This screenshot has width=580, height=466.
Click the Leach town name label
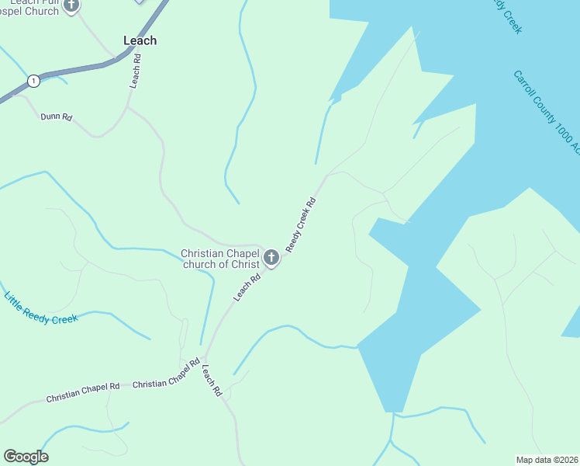pyautogui.click(x=140, y=40)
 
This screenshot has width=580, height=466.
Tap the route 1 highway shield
pyautogui.click(x=33, y=81)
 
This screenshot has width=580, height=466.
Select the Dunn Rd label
pyautogui.click(x=57, y=117)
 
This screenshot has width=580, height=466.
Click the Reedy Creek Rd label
pyautogui.click(x=302, y=224)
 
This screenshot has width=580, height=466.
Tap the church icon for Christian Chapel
pyautogui.click(x=271, y=257)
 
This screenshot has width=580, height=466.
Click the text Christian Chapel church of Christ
pyautogui.click(x=219, y=259)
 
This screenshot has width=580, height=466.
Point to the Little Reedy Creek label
pyautogui.click(x=41, y=308)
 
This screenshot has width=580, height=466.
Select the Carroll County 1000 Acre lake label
pyautogui.click(x=547, y=112)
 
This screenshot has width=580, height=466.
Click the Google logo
pyautogui.click(x=26, y=457)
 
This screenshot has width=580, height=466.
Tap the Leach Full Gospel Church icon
pyautogui.click(x=71, y=5)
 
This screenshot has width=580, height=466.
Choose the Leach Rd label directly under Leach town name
pyautogui.click(x=136, y=70)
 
